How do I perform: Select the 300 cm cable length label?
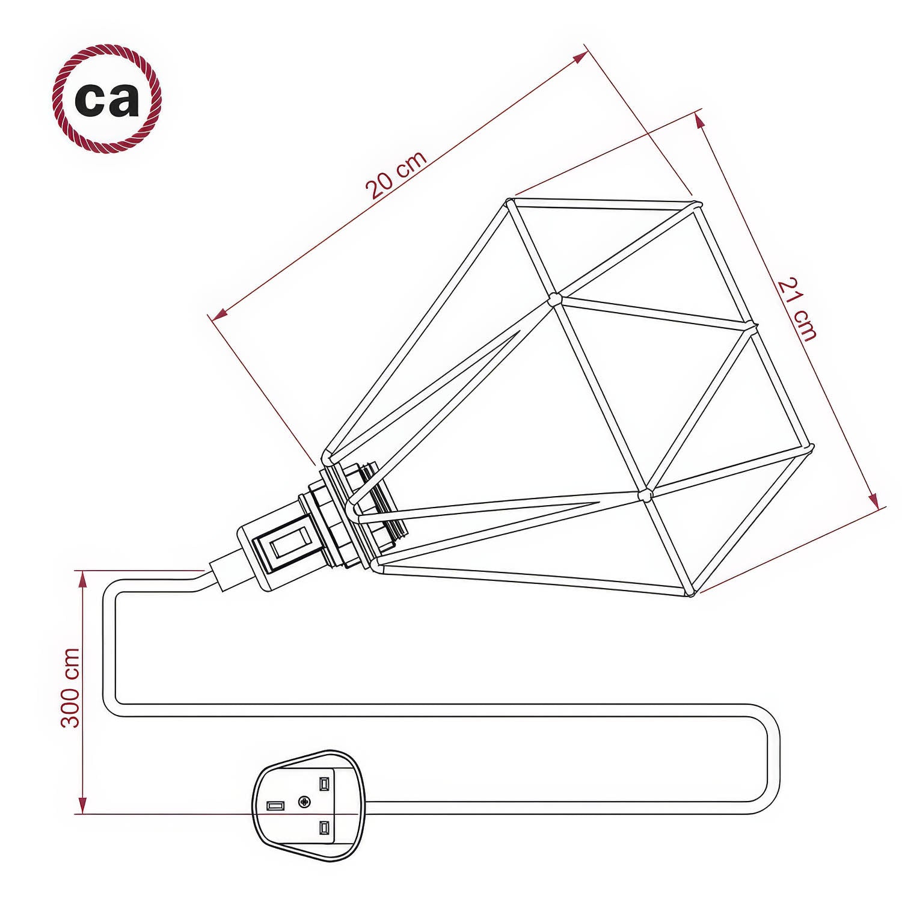click(71, 687)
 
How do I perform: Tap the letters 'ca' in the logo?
click(107, 99)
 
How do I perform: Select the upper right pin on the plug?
click(324, 784)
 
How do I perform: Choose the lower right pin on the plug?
click(324, 828)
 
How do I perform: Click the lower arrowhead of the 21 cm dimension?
click(874, 500)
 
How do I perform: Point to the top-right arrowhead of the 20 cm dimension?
click(580, 57)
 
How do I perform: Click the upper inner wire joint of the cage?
click(554, 299)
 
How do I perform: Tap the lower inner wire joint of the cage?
click(645, 495)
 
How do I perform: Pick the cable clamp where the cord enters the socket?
click(224, 575)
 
